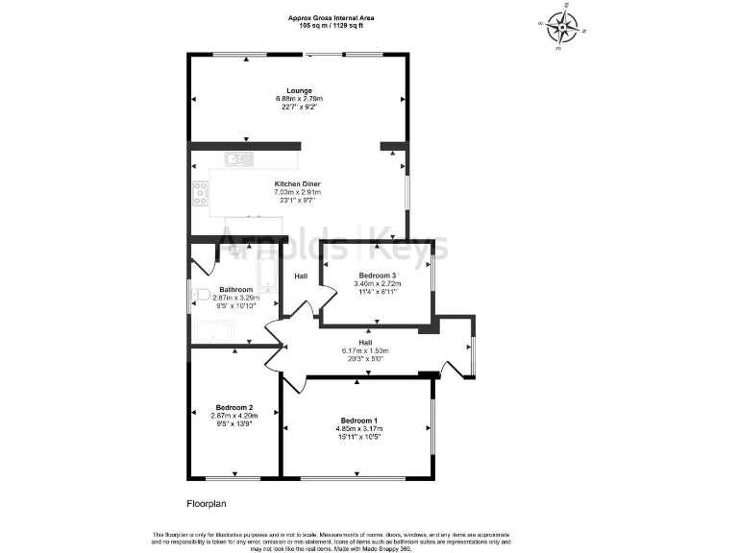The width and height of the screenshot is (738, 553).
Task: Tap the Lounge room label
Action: tap(299, 90)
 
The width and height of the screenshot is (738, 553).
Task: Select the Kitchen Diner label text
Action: tap(298, 183)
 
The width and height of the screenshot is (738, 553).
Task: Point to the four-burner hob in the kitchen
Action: tap(201, 193)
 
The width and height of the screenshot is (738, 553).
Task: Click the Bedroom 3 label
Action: tap(378, 276)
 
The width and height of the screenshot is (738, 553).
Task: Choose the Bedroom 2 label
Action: tap(234, 407)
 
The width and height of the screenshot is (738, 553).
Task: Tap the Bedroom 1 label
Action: tap(357, 421)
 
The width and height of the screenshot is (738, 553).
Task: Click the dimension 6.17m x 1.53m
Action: tap(365, 350)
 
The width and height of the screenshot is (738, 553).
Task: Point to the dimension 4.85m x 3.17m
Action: tap(357, 429)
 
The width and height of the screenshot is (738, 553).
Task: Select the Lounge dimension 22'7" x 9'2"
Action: tap(299, 108)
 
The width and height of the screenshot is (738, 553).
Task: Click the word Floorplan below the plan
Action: tap(206, 502)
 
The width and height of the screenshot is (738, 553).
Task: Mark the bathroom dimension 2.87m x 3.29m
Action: tap(234, 298)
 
